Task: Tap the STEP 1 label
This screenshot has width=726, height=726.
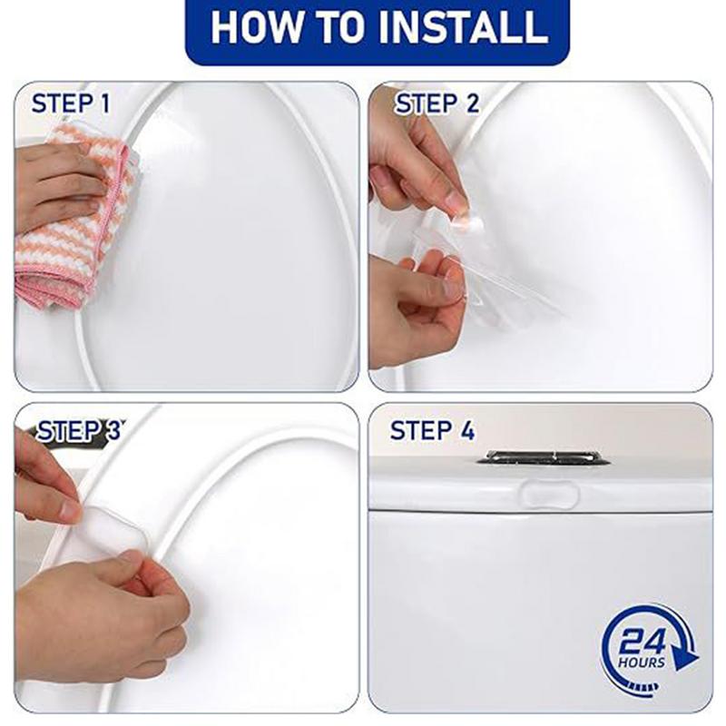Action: coord(71,103)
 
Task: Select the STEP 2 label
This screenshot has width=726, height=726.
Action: coord(437,103)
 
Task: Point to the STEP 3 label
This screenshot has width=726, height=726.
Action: coord(78,431)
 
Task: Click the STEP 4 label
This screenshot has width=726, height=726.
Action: coord(432,431)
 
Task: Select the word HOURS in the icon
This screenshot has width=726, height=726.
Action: coord(643,662)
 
